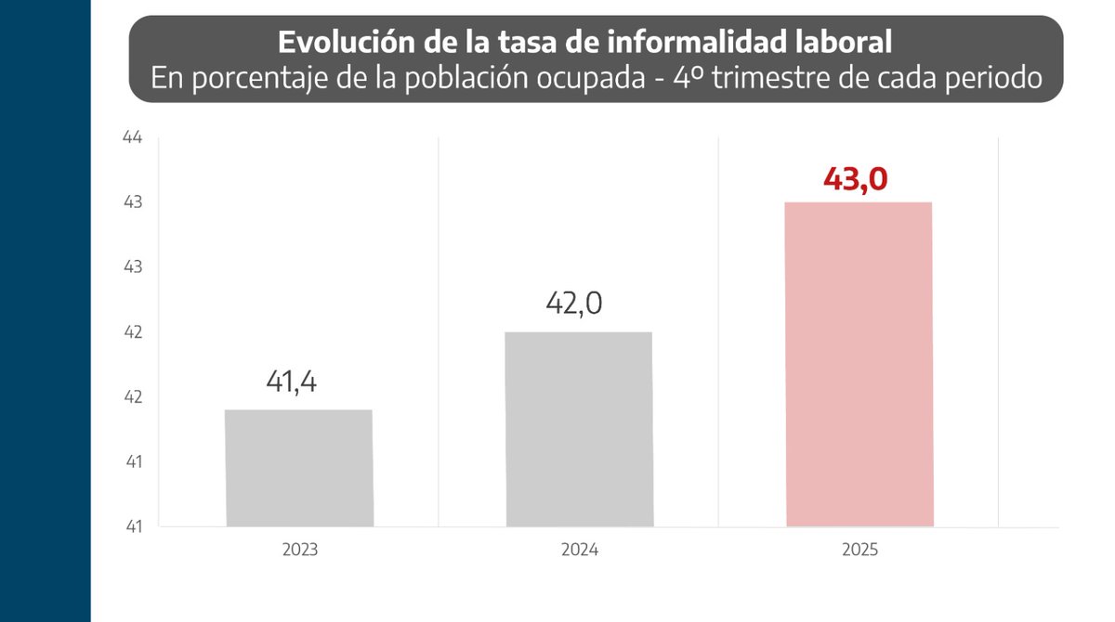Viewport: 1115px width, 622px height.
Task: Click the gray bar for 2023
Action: [x=299, y=468]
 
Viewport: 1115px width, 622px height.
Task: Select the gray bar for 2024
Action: [x=579, y=429]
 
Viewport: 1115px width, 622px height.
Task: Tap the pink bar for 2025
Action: [x=859, y=364]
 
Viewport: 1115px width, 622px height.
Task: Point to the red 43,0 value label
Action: [x=855, y=178]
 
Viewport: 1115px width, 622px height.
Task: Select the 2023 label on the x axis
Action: [x=300, y=550]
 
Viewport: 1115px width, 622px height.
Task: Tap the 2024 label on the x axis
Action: [x=579, y=550]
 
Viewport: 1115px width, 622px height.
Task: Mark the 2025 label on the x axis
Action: [x=859, y=550]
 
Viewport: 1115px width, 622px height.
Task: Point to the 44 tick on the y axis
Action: [x=132, y=137]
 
